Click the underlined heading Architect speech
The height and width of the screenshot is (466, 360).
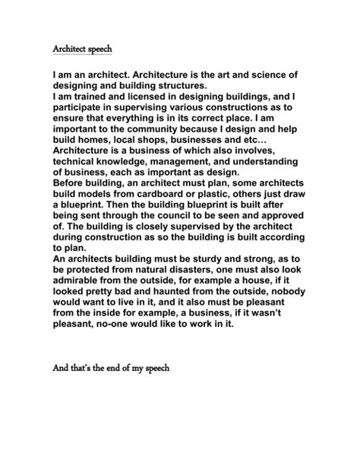82,49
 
